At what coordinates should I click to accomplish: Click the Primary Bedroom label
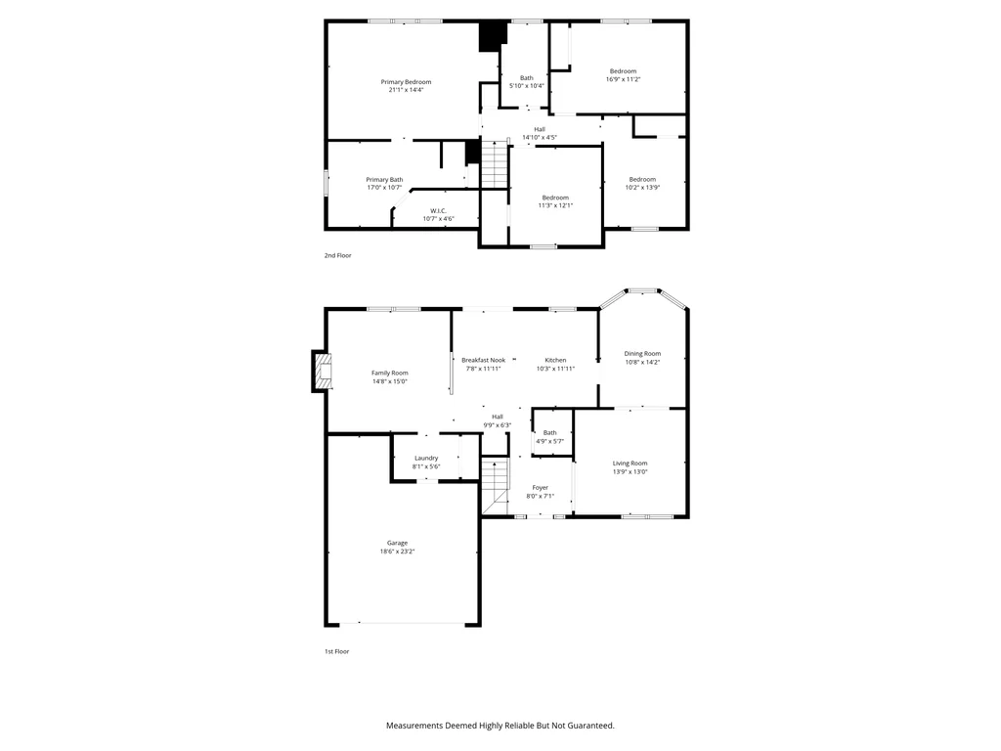(406, 82)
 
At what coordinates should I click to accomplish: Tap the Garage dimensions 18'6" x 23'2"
(397, 552)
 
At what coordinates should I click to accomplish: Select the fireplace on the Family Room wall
(323, 371)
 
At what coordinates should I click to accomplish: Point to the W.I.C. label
(438, 211)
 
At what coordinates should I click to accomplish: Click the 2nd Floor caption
(337, 255)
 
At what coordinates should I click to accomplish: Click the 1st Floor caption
(336, 651)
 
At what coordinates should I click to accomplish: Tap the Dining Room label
(642, 354)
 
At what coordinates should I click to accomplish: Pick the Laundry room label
(426, 458)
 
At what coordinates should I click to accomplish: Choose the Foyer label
(540, 487)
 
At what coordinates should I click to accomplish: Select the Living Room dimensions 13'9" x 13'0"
(631, 472)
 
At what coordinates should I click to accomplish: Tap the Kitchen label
(555, 360)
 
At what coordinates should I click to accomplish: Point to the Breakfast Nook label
(483, 360)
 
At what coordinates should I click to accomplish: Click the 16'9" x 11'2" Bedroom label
(623, 75)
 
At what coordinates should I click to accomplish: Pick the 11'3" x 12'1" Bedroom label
(555, 201)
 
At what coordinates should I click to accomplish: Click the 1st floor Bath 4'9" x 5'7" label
(549, 437)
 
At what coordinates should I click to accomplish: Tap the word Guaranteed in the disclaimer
(590, 726)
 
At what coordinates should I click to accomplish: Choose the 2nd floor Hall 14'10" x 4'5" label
(540, 133)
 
